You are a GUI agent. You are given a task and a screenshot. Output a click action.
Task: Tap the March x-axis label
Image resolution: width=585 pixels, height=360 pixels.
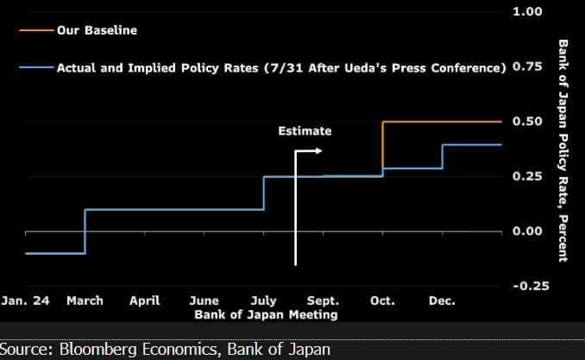pos(85,301)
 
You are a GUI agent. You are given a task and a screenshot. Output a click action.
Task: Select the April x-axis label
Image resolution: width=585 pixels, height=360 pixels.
pos(144,301)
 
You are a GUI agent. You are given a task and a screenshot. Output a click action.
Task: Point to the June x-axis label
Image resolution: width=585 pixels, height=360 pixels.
pos(204,301)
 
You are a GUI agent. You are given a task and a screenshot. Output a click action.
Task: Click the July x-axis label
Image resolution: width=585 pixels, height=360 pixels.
pos(263,301)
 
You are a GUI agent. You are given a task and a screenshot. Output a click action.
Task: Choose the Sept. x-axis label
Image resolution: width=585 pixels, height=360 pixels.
pos(323,301)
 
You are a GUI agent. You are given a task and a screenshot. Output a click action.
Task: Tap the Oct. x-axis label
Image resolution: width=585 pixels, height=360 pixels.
pos(382,301)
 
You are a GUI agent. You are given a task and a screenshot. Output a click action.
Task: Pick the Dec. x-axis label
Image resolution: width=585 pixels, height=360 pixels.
pos(442,301)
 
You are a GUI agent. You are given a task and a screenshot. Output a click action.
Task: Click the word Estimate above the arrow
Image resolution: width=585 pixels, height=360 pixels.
pos(305,131)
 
